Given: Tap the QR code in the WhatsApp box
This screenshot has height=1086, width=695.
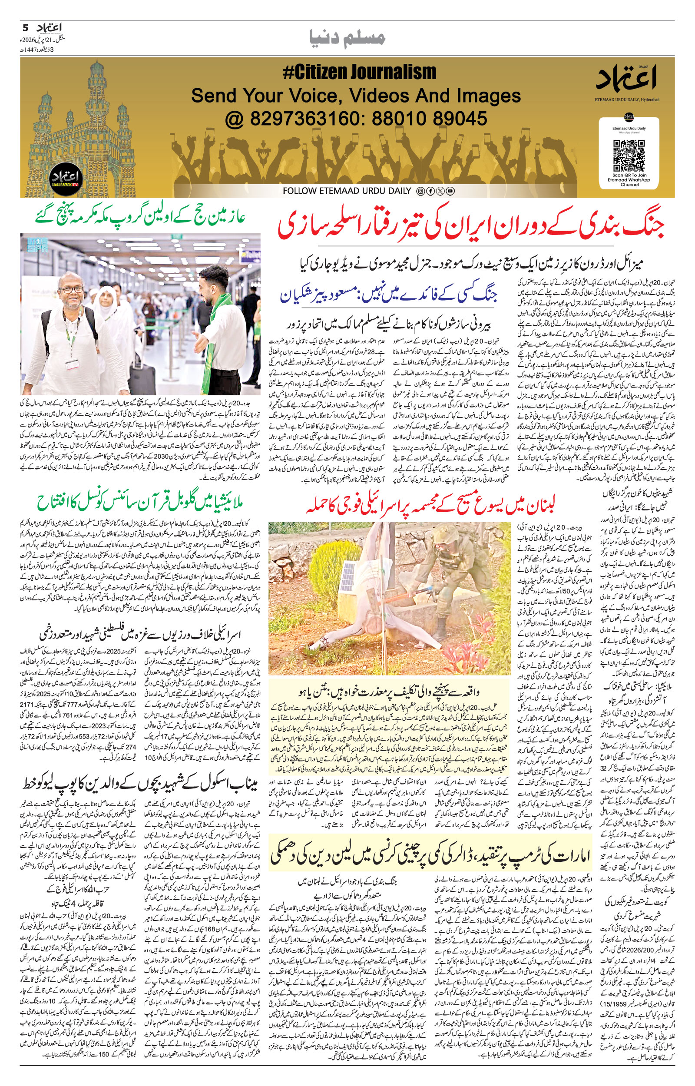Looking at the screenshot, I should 629,155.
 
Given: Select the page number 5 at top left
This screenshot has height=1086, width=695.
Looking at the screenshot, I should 25,27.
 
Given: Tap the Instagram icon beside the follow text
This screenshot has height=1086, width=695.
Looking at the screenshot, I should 420,191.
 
